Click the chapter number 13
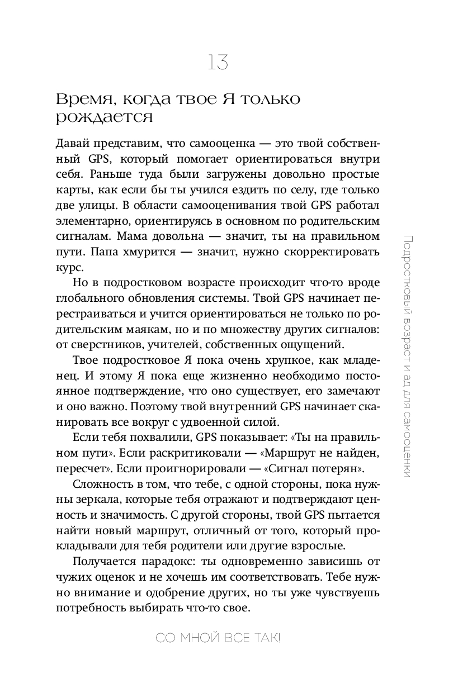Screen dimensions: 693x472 218,62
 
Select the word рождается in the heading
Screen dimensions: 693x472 105,118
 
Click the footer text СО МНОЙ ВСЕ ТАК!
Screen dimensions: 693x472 218,639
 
